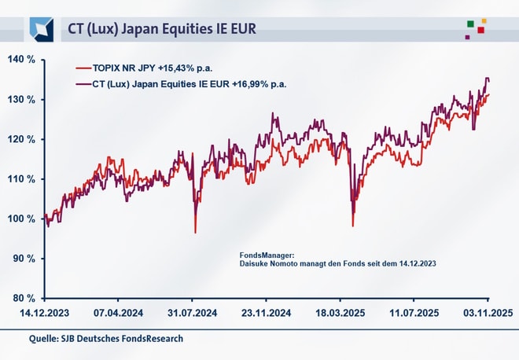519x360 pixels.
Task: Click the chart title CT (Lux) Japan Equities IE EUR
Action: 162,29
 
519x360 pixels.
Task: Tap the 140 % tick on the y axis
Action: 20,60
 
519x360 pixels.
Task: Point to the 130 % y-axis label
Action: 20,100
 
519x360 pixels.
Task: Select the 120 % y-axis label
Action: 20,140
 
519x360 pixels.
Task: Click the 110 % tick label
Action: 20,179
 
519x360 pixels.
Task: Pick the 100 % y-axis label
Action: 20,219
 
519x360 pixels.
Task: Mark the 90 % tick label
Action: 22,259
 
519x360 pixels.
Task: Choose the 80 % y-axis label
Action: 22,299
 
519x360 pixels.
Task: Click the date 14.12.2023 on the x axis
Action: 44,313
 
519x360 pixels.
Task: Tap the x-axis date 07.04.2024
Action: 118,313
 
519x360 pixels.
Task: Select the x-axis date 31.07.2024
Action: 193,313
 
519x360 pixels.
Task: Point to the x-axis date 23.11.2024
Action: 267,313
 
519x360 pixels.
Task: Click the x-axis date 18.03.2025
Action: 340,313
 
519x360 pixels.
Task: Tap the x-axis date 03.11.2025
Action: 488,313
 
